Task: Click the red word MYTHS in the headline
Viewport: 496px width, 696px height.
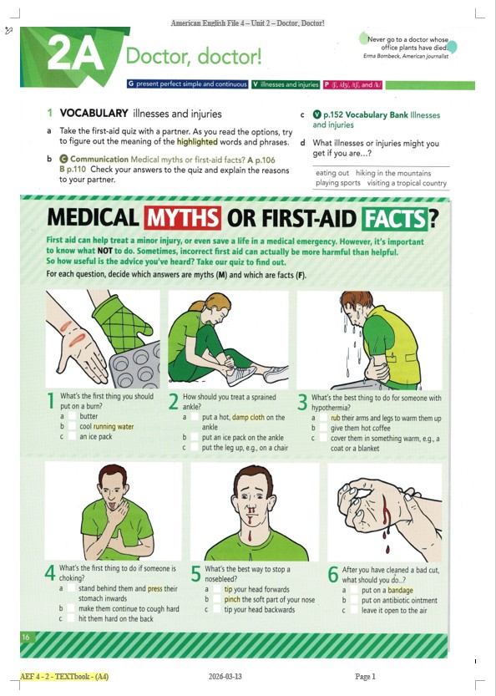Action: (182, 218)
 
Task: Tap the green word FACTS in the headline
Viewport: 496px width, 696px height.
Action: (394, 219)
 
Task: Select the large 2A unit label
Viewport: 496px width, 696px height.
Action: (75, 53)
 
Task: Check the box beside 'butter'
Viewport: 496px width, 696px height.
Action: (72, 416)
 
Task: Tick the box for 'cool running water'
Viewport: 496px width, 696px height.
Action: (72, 427)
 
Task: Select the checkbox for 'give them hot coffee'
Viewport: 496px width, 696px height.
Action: (323, 428)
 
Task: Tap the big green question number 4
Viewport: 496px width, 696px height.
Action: (50, 572)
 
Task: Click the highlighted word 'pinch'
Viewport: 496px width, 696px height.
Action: (232, 600)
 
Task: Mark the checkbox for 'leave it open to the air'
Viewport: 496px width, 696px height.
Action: (354, 610)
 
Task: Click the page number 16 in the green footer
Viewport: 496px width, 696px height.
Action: (26, 638)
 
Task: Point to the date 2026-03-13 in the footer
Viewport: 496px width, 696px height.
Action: (225, 677)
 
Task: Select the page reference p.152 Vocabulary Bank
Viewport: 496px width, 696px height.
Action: (366, 115)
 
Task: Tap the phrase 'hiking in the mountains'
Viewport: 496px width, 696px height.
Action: (393, 173)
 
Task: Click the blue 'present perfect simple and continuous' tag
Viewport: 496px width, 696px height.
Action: (187, 84)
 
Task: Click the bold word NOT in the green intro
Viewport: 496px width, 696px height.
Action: (104, 251)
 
